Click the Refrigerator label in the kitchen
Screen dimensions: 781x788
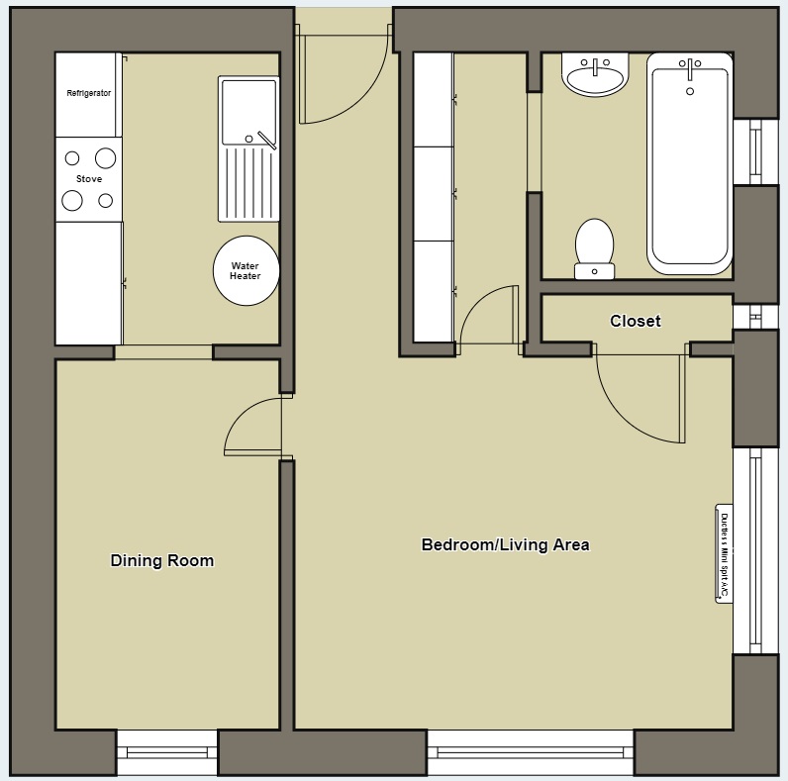pos(88,93)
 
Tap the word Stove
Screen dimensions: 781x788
pos(89,179)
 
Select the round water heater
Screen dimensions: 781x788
pos(246,270)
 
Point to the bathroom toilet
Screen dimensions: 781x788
pos(594,247)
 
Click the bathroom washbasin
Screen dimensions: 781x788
pos(594,76)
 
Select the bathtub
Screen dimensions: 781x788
pos(690,163)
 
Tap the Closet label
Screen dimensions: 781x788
pos(635,321)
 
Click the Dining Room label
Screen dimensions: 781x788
pos(161,560)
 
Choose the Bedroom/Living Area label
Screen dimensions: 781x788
pos(505,544)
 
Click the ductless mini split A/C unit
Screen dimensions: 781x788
pos(724,553)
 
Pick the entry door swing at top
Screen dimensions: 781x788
pos(342,79)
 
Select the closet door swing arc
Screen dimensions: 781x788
pos(639,396)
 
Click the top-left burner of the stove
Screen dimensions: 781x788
pos(72,157)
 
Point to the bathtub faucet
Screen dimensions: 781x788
pos(690,69)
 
